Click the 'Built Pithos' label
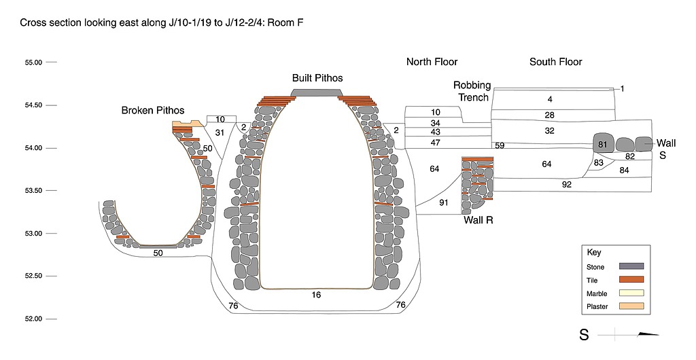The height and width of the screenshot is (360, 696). pos(317,78)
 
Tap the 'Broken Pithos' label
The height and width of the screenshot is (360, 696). pos(153,110)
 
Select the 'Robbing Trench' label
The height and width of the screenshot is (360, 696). pos(472,91)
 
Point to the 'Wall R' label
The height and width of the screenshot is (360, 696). pos(478,220)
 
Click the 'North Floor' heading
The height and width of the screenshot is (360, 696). pos(432,62)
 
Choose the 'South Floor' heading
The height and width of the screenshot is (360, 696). pos(556,62)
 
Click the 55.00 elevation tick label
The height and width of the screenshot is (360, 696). pos(33,62)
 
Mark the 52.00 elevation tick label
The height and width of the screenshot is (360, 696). pos(33,319)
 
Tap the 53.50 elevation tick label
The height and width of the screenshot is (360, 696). pos(33,190)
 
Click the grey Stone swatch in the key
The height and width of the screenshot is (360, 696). pos(631,266)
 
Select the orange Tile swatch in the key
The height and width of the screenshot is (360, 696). pos(631,280)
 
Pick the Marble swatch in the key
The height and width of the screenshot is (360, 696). pos(631,293)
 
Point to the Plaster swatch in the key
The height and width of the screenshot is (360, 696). pos(631,307)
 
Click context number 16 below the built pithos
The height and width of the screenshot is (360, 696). pos(316,295)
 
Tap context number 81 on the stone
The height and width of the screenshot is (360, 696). pos(602,144)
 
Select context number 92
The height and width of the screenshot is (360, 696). pos(567,184)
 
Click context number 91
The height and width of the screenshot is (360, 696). pos(444,202)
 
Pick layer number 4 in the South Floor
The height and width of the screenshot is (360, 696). pos(550,99)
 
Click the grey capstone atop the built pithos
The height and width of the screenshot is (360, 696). pos(317,92)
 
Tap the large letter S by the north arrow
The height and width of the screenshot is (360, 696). pos(584,334)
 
